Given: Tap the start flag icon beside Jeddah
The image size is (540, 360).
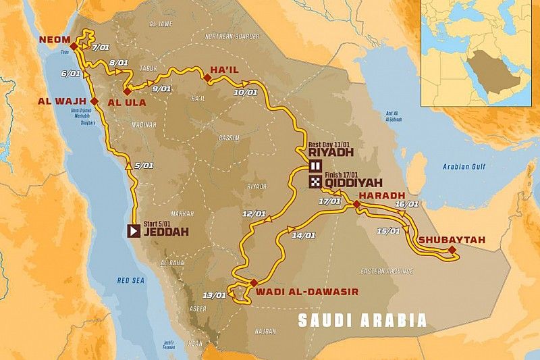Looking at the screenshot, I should pyautogui.click(x=134, y=230).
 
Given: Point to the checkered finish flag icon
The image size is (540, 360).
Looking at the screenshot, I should pyautogui.click(x=315, y=182).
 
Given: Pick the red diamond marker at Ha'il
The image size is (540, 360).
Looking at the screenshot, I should pyautogui.click(x=207, y=80).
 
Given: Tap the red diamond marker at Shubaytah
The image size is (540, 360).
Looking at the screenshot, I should pyautogui.click(x=452, y=251).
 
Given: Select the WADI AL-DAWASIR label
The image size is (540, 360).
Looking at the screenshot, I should pyautogui.click(x=306, y=292).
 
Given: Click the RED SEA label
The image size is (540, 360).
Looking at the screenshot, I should pyautogui.click(x=132, y=280).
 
